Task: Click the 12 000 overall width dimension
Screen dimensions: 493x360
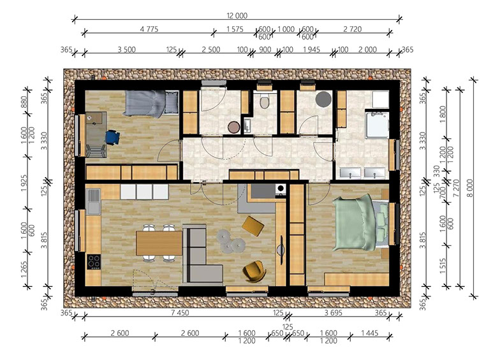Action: (237, 15)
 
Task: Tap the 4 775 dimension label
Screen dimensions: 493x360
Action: (149, 29)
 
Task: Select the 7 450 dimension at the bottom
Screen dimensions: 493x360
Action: (180, 313)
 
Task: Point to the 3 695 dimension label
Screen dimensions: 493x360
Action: (334, 313)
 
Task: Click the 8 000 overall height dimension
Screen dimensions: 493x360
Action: (470, 188)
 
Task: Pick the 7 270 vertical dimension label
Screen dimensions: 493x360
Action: (456, 188)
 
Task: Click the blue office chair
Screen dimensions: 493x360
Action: (112, 137)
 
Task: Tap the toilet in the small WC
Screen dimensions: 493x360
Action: (265, 101)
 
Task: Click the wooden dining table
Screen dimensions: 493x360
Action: (159, 243)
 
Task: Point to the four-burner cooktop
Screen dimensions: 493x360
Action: (94, 262)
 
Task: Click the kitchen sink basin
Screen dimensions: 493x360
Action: (93, 201)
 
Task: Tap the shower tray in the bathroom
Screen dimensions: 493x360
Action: (378, 124)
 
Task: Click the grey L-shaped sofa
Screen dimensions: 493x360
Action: (200, 253)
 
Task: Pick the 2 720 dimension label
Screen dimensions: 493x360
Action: (352, 29)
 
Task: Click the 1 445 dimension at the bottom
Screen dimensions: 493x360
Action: (369, 333)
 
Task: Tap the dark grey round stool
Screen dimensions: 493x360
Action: (323, 99)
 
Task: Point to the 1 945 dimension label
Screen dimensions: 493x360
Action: (311, 50)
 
